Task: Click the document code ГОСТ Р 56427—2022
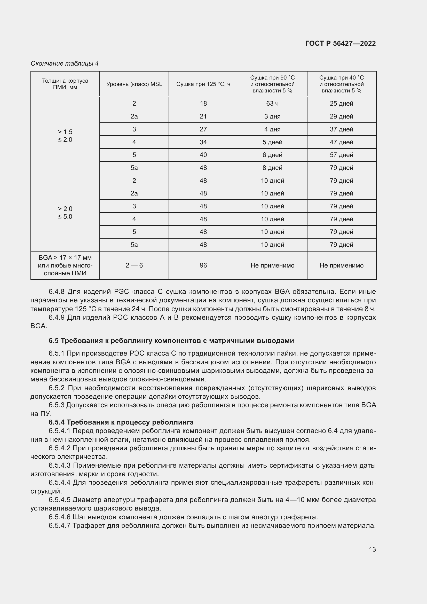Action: pos(340,43)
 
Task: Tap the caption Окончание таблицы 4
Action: pos(65,64)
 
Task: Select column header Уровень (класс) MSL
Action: pos(134,84)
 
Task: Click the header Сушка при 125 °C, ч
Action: pos(203,84)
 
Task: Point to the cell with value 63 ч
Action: pos(272,103)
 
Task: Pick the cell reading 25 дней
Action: pos(341,103)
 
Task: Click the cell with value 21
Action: pos(203,116)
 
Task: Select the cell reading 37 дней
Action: pos(341,129)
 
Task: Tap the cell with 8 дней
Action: pos(272,168)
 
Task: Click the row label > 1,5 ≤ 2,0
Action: pos(65,136)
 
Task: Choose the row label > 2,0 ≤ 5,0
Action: pos(65,213)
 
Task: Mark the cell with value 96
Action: pos(203,265)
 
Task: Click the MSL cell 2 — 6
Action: pos(134,265)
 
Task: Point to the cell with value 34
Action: pos(203,142)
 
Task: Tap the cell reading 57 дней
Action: pos(341,155)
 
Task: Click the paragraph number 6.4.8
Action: pos(57,292)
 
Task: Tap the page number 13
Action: pos(372,550)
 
